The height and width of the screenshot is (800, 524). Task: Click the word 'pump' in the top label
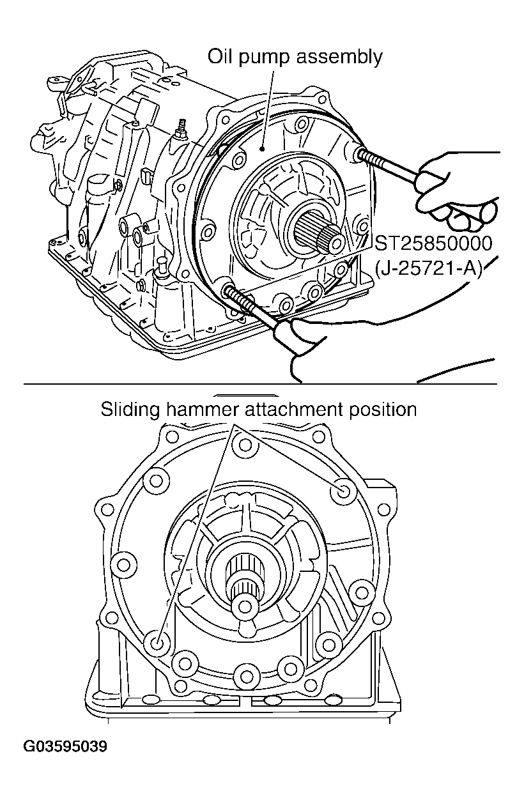click(263, 58)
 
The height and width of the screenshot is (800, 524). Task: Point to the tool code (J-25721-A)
click(430, 266)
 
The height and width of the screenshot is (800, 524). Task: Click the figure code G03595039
click(65, 746)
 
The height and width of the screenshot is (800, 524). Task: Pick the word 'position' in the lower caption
click(381, 410)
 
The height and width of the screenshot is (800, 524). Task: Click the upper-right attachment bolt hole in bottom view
click(344, 491)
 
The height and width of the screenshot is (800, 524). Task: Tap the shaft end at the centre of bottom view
click(243, 604)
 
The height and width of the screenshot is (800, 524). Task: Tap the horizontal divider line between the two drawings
click(256, 384)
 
